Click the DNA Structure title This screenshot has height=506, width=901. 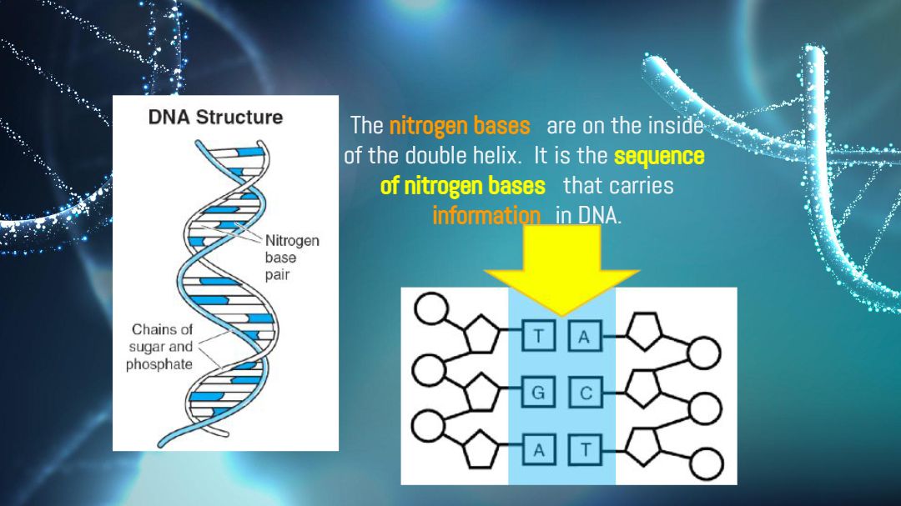(215, 118)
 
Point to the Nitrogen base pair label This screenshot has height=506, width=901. (292, 258)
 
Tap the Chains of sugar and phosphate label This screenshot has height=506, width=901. (159, 347)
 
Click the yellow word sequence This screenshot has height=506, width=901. (659, 156)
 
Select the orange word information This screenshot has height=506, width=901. (486, 215)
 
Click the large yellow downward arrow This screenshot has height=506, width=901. (561, 268)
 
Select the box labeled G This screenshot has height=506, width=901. (538, 393)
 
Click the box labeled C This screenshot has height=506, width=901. (586, 393)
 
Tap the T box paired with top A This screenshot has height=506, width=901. (538, 335)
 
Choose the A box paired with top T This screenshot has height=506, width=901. (585, 336)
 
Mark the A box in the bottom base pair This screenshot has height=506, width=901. (538, 449)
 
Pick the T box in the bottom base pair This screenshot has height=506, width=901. (585, 449)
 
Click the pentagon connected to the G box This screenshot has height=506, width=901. (481, 392)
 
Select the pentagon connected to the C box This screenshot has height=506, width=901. (643, 388)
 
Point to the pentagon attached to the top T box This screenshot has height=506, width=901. (481, 333)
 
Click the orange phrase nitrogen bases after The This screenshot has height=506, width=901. (460, 126)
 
